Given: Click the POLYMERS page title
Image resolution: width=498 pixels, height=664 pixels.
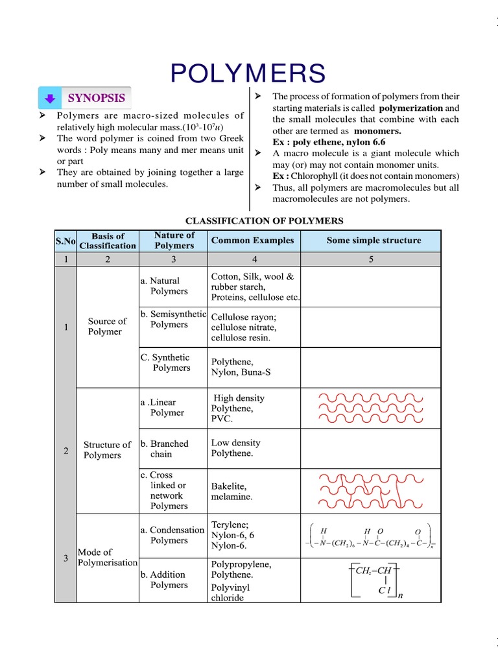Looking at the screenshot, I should pos(248,73).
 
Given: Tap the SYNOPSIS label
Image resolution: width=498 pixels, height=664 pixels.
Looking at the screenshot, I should pos(97,98).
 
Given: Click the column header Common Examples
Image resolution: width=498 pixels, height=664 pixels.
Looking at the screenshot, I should pos(252,241).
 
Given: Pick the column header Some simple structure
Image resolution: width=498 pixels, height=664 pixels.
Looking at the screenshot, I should pos(373,241).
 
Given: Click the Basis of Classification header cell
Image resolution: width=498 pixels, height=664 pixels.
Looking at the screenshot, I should pos(108,241).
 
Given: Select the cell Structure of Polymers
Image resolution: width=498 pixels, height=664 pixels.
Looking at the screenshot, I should pos(107,450).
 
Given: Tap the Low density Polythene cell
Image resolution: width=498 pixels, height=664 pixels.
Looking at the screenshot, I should pos(235,447).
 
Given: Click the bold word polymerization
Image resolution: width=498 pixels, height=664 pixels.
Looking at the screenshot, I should pos(411,108).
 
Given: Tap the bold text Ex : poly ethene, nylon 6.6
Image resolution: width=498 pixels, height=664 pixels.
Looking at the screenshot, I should pos(329,141).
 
